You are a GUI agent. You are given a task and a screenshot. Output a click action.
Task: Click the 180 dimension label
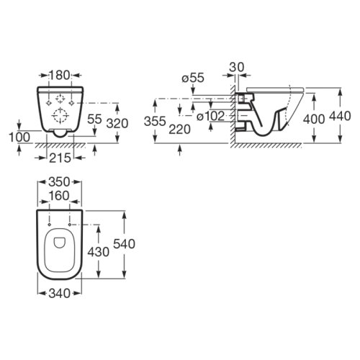tap(60, 76)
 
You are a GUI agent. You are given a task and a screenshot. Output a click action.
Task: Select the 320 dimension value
tap(117, 124)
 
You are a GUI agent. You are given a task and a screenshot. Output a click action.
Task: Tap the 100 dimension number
tap(19, 138)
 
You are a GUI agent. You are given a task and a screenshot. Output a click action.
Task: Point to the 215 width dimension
tap(60, 158)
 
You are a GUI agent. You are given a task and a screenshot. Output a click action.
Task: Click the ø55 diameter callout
tap(193, 78)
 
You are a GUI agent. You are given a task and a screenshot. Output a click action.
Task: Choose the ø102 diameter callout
tap(210, 117)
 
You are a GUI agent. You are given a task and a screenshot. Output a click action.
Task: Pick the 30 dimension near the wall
tap(236, 67)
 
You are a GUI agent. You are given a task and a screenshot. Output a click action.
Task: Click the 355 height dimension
tap(155, 121)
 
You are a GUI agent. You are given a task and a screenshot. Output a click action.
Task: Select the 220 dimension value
tap(180, 130)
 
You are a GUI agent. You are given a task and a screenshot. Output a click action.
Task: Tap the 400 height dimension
tap(314, 119)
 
